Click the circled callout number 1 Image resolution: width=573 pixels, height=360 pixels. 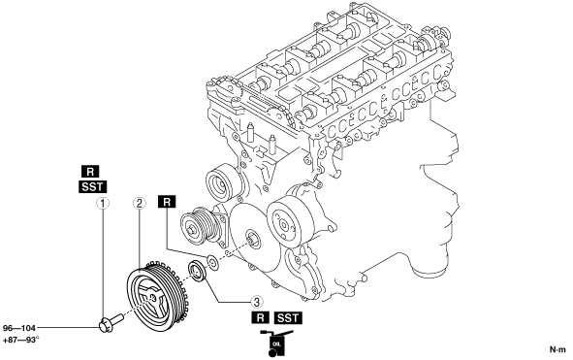click(x=103, y=204)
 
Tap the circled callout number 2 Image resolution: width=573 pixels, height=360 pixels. click(x=139, y=204)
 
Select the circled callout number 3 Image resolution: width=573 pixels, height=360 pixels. click(x=257, y=302)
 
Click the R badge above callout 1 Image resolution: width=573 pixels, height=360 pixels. click(x=90, y=172)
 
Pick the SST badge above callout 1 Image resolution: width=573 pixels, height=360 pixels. click(x=92, y=187)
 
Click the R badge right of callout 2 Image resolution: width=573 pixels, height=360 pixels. click(x=167, y=202)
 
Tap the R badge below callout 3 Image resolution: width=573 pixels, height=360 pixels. click(x=260, y=317)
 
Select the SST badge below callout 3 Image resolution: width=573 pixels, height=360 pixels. click(x=288, y=317)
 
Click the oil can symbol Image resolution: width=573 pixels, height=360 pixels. click(x=275, y=343)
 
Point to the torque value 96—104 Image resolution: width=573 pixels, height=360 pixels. click(x=19, y=328)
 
